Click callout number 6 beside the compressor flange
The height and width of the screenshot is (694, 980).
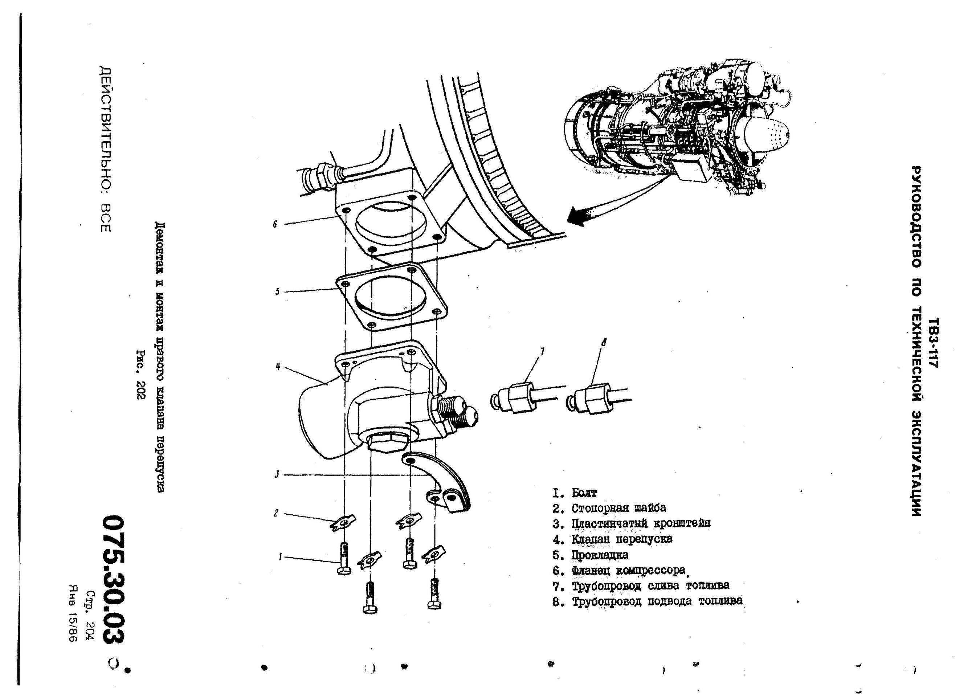click(275, 224)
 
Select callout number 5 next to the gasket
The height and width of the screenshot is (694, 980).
click(277, 292)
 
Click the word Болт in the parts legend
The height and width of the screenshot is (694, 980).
click(584, 493)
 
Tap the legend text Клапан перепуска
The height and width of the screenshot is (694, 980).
click(622, 539)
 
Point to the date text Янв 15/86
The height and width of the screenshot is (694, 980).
click(72, 614)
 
